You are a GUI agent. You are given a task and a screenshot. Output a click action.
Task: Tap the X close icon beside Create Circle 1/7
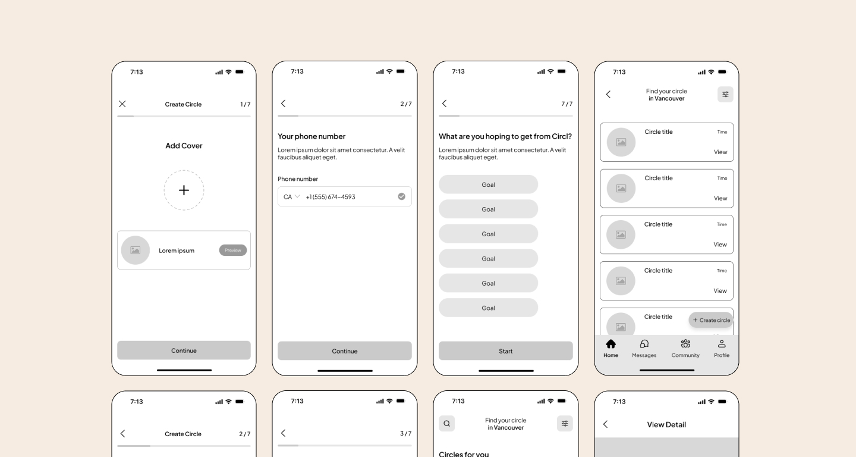click(122, 104)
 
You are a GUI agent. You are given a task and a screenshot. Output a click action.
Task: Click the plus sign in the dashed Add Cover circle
click(184, 190)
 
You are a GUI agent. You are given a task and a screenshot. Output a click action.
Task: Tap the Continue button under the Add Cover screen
click(184, 350)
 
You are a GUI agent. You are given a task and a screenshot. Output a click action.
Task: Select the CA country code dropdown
click(291, 196)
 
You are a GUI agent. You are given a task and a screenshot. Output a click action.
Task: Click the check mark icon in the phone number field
click(402, 196)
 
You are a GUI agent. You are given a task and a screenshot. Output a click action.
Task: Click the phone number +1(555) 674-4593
click(331, 197)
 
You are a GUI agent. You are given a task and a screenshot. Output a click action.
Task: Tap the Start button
click(505, 350)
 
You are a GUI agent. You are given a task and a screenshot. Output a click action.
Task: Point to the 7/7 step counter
click(567, 104)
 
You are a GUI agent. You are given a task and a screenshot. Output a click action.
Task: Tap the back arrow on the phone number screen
click(283, 104)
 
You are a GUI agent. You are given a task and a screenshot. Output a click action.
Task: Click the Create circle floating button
click(711, 320)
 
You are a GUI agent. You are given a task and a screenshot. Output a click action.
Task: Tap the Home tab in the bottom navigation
click(610, 349)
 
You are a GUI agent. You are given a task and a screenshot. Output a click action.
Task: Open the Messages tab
click(644, 349)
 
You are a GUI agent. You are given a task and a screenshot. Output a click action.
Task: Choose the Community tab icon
click(685, 344)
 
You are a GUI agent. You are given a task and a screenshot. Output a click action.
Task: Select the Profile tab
click(722, 349)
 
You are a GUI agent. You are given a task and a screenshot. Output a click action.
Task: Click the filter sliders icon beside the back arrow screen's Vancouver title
click(725, 95)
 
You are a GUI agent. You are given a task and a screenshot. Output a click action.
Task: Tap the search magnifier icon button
click(447, 423)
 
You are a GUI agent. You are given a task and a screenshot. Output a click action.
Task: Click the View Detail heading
click(666, 424)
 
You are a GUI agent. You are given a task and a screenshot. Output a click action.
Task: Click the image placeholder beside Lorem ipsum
click(136, 250)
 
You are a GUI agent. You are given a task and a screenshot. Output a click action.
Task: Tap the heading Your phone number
click(311, 136)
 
